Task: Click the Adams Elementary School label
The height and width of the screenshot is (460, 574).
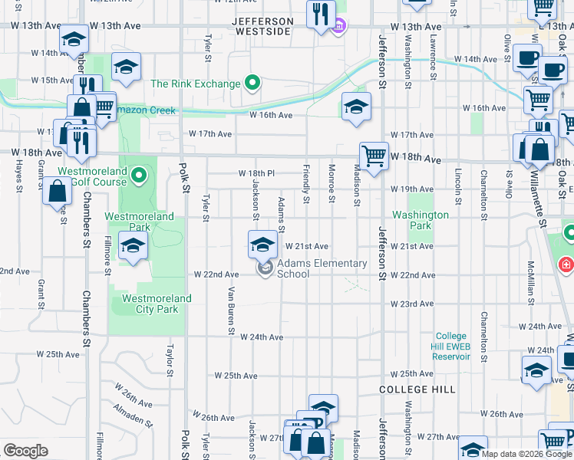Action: [322, 268]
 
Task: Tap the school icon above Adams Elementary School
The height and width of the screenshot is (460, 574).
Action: [262, 245]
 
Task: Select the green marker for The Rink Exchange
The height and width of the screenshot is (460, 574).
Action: [252, 84]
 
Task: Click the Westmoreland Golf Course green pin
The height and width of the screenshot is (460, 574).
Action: [139, 177]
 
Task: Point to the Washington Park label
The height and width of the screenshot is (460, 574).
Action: [421, 221]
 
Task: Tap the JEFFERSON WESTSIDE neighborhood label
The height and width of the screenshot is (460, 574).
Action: [262, 26]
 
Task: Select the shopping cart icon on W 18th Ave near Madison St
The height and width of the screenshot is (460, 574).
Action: [374, 156]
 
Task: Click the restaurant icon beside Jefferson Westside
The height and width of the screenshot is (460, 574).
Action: [320, 14]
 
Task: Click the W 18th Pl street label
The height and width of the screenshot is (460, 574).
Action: [256, 173]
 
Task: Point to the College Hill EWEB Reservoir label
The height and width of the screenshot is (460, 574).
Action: [451, 346]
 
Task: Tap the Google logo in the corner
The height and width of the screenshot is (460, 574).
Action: [25, 451]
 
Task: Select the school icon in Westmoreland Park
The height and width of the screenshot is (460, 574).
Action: [133, 247]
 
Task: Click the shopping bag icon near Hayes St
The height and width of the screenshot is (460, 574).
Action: [58, 191]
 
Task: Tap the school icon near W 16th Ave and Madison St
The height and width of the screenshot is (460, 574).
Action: [356, 107]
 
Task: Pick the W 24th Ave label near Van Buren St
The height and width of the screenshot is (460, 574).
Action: [262, 337]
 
